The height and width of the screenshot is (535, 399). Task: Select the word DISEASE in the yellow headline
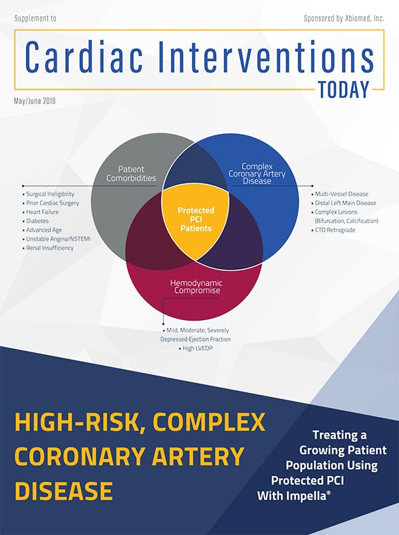click(63, 491)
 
